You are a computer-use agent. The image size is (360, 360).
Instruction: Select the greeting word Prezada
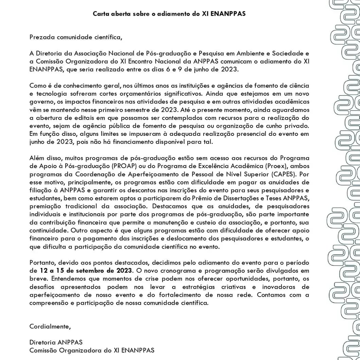pos(42,37)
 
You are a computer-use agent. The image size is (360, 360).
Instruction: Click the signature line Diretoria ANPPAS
pos(56,342)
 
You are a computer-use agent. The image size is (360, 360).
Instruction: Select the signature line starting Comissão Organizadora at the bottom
pos(92,350)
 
